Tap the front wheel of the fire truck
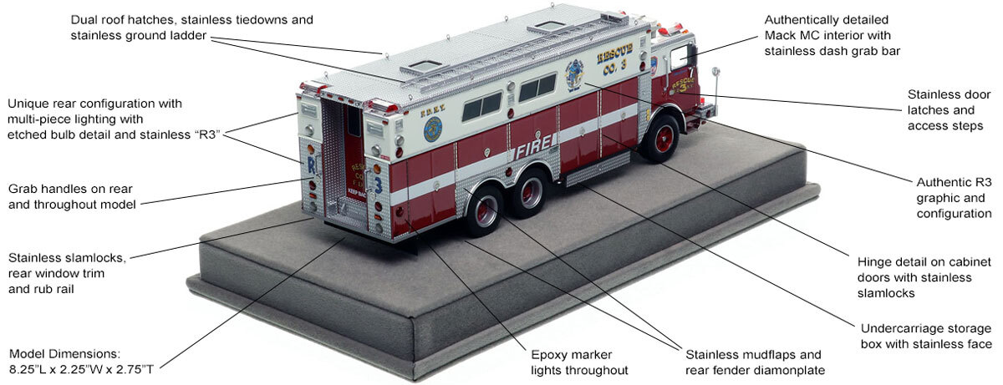click(663, 139)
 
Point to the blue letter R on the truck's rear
click(312, 164)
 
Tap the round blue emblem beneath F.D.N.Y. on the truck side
click(433, 129)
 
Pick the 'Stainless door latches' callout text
click(945, 109)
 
